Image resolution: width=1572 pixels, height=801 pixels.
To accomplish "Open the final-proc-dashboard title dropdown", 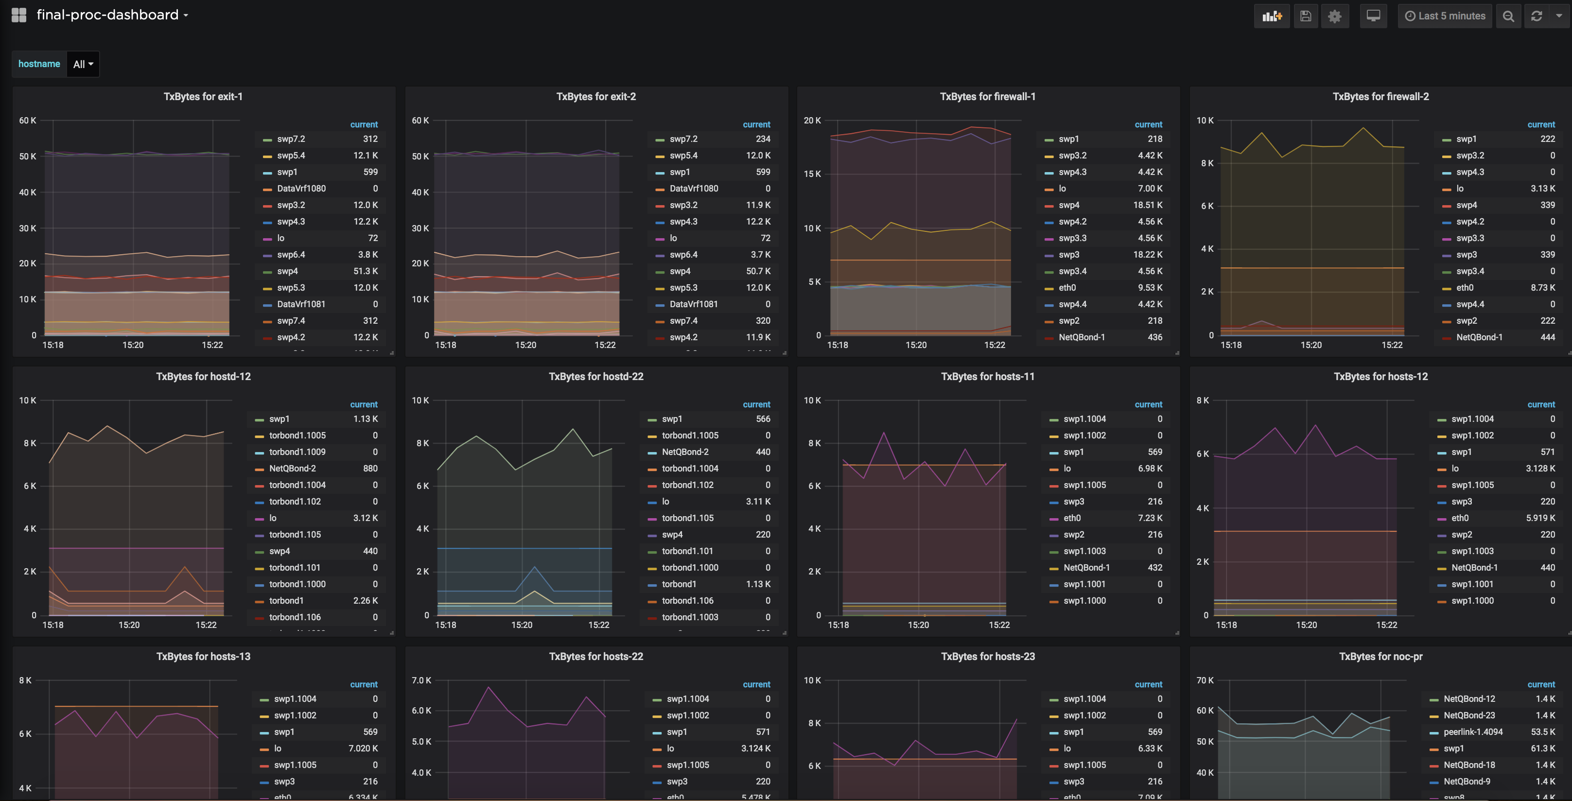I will click(112, 15).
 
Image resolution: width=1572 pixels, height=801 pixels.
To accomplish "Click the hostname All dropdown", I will click(83, 64).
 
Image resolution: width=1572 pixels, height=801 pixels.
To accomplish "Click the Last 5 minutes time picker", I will click(1445, 16).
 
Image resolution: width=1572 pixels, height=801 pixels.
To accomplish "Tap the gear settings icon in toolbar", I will click(1335, 16).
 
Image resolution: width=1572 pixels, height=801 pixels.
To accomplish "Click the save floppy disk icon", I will click(1305, 16).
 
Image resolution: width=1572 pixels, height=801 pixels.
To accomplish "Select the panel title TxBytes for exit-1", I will click(203, 96).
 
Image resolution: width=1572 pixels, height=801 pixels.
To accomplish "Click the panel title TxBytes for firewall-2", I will click(1380, 96).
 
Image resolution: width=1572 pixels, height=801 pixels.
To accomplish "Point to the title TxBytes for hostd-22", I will click(595, 376).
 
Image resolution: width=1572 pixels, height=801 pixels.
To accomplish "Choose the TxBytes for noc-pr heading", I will click(1380, 657).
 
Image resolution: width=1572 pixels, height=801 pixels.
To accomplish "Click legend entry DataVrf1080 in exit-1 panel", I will click(301, 189).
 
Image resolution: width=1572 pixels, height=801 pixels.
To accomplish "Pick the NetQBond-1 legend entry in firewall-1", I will click(1082, 337).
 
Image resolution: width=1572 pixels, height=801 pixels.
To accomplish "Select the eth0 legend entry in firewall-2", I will click(1465, 288).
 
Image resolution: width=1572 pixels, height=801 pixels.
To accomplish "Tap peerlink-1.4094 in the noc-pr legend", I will click(1472, 732).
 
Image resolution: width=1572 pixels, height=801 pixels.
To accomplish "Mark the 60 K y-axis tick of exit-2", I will click(420, 121).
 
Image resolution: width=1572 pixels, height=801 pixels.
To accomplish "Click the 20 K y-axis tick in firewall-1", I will click(812, 121).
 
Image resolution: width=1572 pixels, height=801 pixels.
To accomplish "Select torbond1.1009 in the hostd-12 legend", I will click(297, 452).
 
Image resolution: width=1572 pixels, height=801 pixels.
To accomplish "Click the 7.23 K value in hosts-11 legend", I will click(1150, 519).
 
